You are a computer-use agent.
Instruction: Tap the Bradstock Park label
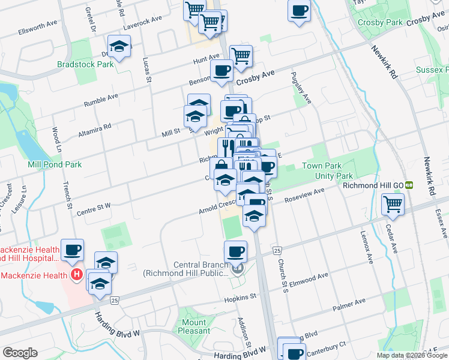point(85,64)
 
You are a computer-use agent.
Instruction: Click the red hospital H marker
point(77,275)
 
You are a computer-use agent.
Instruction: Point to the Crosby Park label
point(379,22)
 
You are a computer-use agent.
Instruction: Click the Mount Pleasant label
point(194,326)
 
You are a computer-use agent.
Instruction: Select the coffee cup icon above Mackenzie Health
point(72,249)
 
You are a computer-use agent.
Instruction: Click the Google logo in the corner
point(20,353)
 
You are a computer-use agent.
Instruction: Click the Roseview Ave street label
point(304,197)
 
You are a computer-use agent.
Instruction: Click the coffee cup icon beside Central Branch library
point(235,251)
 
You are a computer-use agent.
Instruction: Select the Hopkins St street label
point(240,296)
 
